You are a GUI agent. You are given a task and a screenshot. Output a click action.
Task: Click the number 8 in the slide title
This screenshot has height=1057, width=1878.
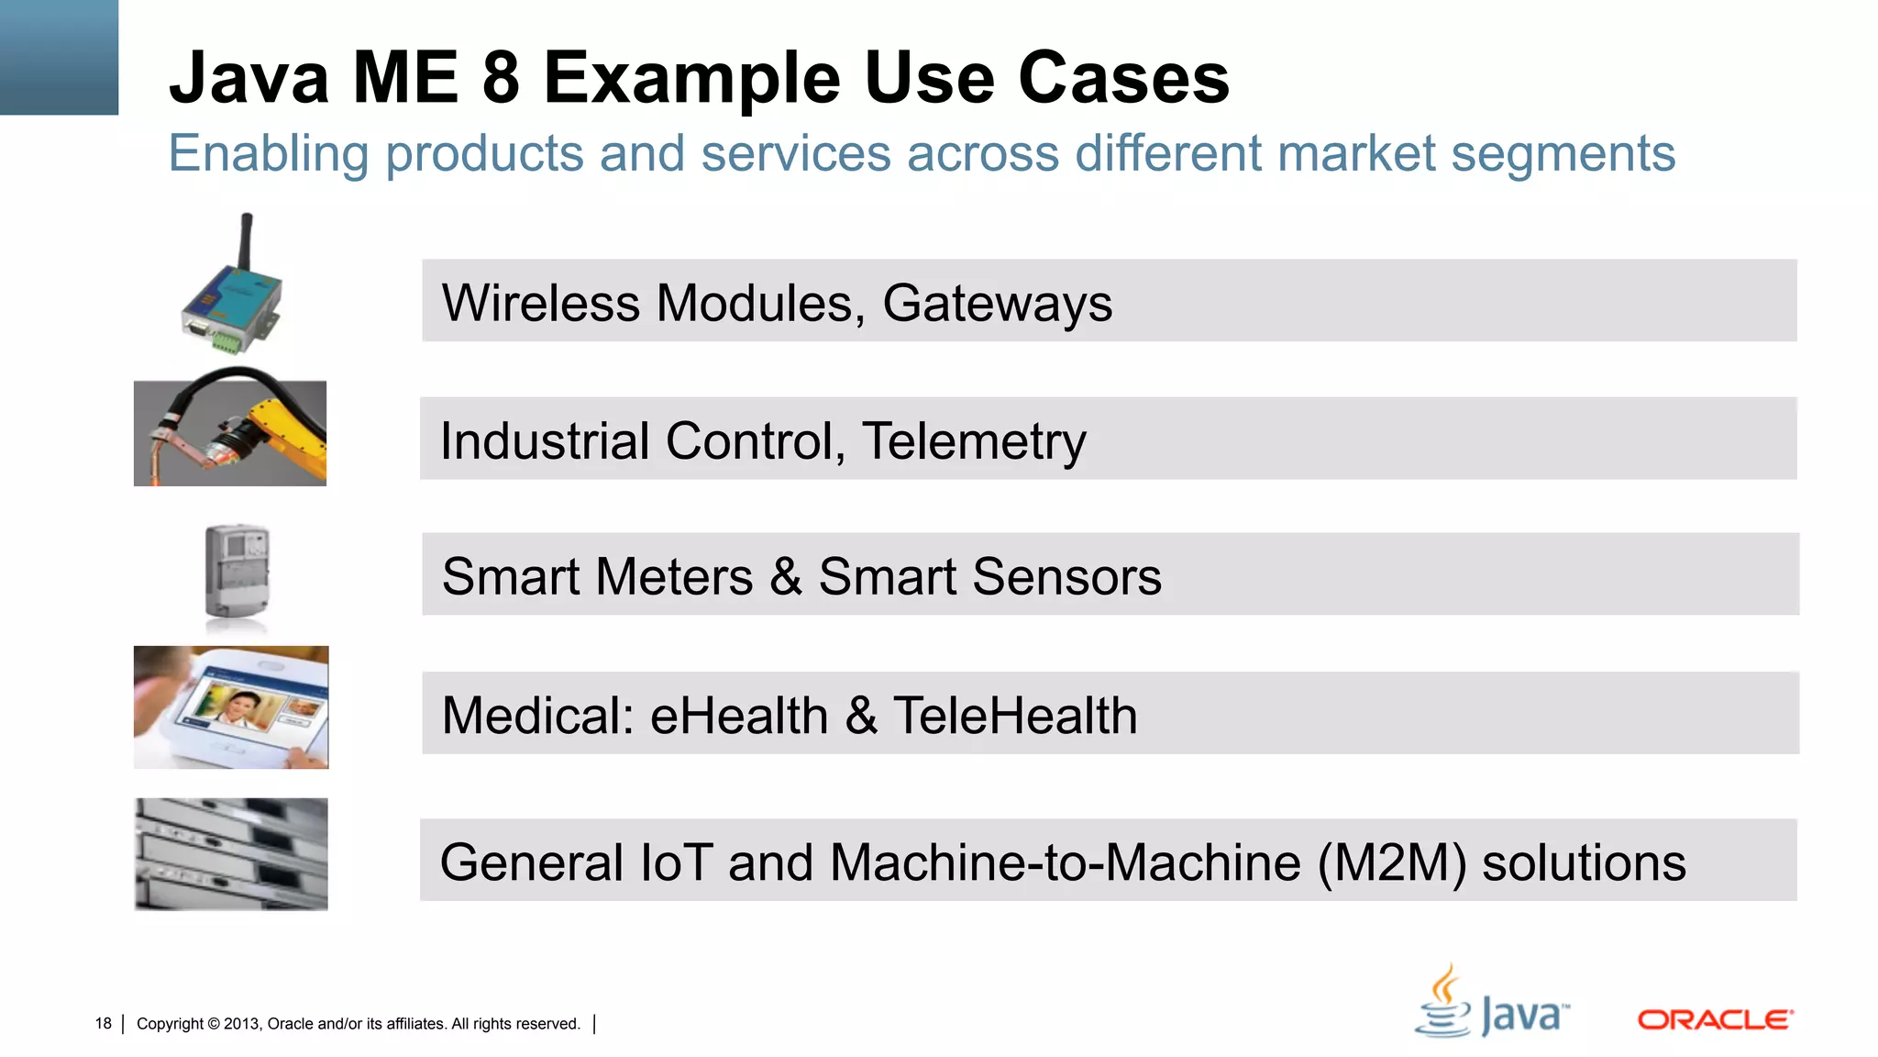501,78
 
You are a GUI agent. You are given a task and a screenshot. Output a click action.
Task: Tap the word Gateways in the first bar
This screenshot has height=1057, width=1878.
997,304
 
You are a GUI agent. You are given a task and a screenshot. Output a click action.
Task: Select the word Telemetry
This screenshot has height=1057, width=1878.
974,441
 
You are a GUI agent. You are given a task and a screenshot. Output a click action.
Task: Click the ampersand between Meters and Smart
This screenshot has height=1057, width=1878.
785,577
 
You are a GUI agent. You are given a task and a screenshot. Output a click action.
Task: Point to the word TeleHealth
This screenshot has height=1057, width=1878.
1015,716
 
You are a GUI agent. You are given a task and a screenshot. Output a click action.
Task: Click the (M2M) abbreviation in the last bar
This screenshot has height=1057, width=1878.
1392,863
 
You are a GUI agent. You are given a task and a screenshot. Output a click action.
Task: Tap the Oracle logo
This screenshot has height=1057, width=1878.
1715,1020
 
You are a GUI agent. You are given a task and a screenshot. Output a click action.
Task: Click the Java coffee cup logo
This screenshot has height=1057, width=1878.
1443,1002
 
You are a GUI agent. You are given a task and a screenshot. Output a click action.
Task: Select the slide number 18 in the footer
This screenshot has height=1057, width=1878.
103,1024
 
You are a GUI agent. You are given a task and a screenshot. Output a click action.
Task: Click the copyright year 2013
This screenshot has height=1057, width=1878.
242,1024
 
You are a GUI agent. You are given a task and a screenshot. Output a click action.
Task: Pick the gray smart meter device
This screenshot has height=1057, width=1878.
237,573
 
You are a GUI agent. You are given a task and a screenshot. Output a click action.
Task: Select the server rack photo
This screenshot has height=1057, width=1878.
231,854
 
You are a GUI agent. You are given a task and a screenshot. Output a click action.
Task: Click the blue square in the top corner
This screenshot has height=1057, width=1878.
59,57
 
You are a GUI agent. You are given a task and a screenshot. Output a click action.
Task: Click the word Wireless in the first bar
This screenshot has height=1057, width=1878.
540,304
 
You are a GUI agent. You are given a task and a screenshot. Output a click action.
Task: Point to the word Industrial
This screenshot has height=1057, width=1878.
545,441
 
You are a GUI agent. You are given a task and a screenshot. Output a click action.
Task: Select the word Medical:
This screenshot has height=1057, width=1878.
538,716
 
